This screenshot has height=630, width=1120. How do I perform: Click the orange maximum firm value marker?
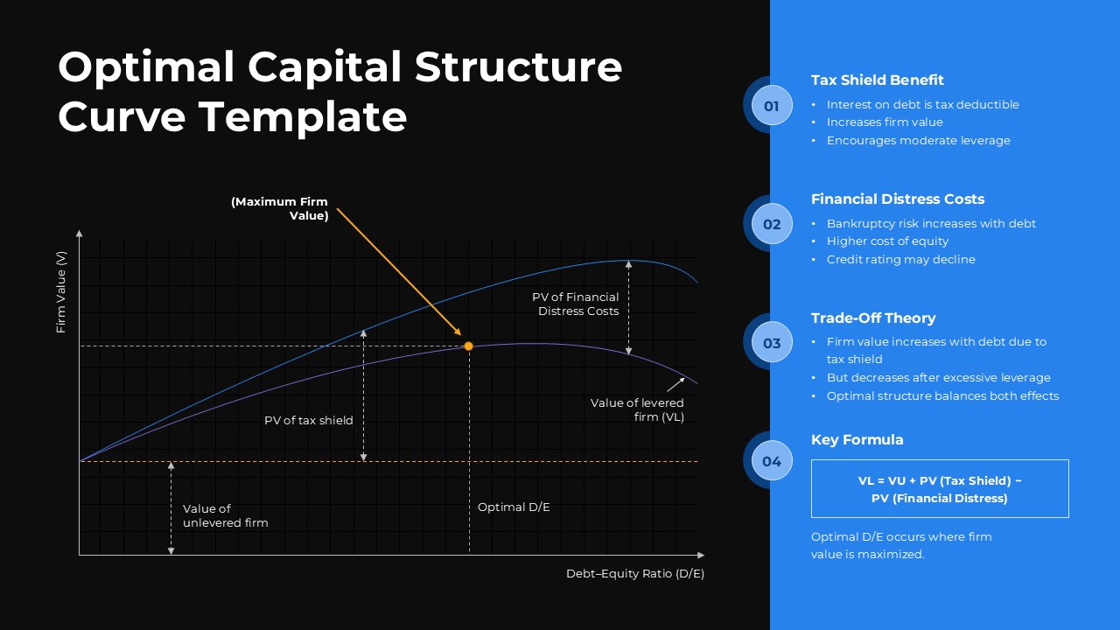(468, 346)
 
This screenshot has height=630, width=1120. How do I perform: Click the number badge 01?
(771, 107)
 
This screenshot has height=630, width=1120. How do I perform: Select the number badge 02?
(771, 224)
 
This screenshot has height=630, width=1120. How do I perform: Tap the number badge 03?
(771, 343)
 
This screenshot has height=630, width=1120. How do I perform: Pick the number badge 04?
(771, 461)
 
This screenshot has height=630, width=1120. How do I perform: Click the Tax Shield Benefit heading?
(877, 80)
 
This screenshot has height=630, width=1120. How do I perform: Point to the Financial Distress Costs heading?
(897, 199)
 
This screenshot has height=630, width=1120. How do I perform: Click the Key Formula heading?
(857, 440)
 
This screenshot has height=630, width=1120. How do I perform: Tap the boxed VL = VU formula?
(940, 489)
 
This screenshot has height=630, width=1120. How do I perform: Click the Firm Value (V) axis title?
(61, 292)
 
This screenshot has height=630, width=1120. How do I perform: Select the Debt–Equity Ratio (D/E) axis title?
(634, 574)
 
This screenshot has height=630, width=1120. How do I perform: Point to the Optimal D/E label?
(514, 507)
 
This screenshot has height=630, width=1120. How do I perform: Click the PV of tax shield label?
(309, 421)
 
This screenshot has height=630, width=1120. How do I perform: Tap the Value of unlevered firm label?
(225, 515)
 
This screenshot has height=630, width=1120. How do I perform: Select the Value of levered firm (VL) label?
(637, 410)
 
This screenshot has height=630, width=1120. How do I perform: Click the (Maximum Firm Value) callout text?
(280, 208)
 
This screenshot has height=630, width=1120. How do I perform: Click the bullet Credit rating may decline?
(900, 260)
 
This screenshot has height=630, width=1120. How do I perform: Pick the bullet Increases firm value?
(885, 122)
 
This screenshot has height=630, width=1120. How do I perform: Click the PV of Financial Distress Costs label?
(576, 304)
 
